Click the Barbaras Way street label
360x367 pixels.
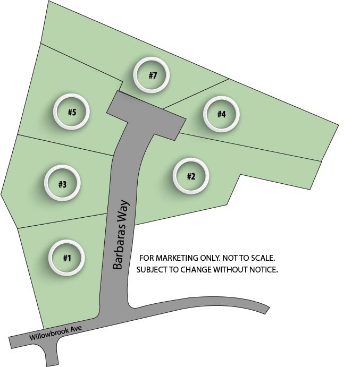121,235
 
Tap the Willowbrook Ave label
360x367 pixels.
55,332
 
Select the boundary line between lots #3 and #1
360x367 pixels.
63,221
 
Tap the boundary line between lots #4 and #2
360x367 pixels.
250,147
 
